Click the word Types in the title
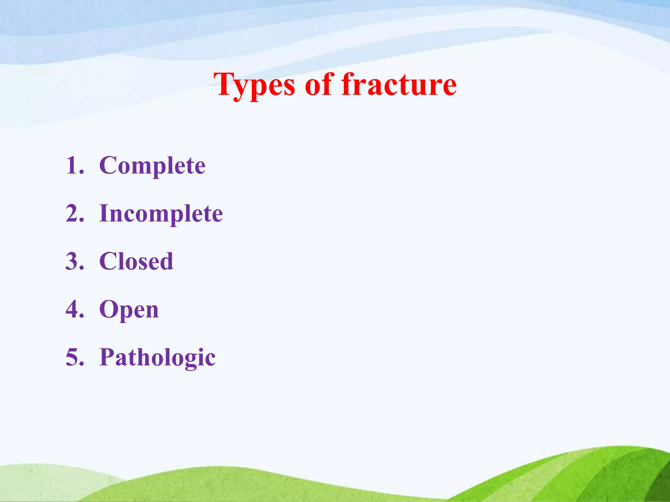click(x=255, y=86)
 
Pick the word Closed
click(x=136, y=261)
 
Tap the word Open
click(x=129, y=310)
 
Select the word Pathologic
click(x=157, y=358)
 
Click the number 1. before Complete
click(x=75, y=165)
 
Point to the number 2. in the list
click(x=75, y=213)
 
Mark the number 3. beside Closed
click(x=75, y=261)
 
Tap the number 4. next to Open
click(x=75, y=309)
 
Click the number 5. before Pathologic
click(x=75, y=357)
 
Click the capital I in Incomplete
click(x=104, y=213)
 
